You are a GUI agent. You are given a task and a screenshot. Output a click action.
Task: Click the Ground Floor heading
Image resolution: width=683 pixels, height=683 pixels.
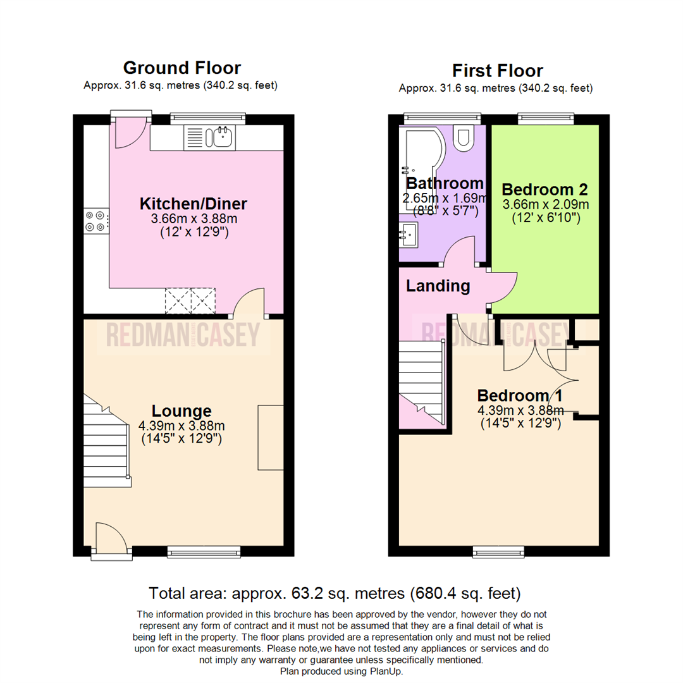182,68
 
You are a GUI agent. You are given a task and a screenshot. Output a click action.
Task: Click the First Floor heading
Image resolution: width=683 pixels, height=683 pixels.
497,70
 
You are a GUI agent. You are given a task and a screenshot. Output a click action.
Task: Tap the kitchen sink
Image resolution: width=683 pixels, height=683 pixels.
221,137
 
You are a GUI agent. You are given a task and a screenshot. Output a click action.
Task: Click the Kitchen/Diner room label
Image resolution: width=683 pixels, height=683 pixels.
192,204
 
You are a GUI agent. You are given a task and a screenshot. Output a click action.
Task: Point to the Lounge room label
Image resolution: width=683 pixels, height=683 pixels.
181,410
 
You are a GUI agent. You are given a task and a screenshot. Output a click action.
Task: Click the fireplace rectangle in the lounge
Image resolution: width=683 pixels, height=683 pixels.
271,436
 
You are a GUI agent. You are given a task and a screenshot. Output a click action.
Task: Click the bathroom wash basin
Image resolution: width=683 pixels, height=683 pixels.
409,235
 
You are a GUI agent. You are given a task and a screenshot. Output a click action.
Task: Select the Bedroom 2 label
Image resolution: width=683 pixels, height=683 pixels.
545,189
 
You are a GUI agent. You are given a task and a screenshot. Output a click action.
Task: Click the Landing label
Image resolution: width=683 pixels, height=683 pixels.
438,286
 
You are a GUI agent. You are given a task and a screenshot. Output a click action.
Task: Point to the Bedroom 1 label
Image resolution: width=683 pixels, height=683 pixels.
520,396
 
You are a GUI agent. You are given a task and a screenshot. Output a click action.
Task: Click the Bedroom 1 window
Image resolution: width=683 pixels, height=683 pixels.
498,552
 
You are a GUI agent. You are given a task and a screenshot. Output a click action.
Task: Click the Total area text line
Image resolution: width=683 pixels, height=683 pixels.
335,593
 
